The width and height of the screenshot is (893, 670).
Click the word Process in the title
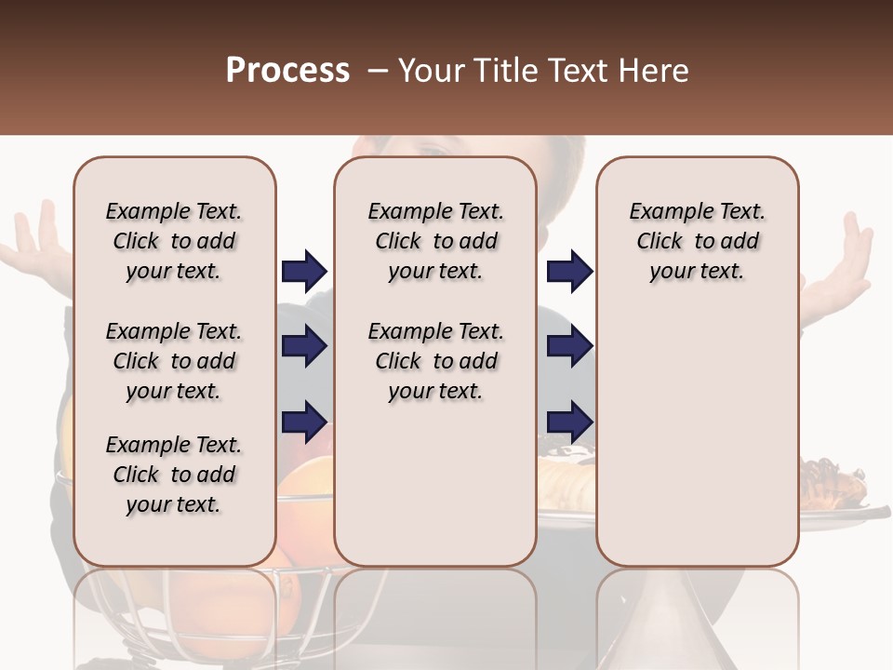[x=287, y=71]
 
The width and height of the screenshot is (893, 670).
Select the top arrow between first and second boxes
[x=304, y=271]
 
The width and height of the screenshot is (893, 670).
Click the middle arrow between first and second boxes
[x=304, y=347]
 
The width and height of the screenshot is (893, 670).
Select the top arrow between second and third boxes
[x=569, y=271]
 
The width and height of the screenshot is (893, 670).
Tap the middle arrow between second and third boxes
[x=569, y=347]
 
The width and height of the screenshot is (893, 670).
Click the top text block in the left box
[x=174, y=241]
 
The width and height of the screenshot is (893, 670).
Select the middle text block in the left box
[x=174, y=361]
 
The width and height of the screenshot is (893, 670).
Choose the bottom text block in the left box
[x=174, y=475]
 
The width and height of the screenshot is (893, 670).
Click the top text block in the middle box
[x=435, y=241]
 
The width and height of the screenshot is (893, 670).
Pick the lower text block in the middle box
[x=435, y=361]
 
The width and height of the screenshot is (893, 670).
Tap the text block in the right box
[x=698, y=241]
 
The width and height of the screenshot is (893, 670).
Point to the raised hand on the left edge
[x=37, y=242]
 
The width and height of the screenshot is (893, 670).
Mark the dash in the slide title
[x=378, y=71]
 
